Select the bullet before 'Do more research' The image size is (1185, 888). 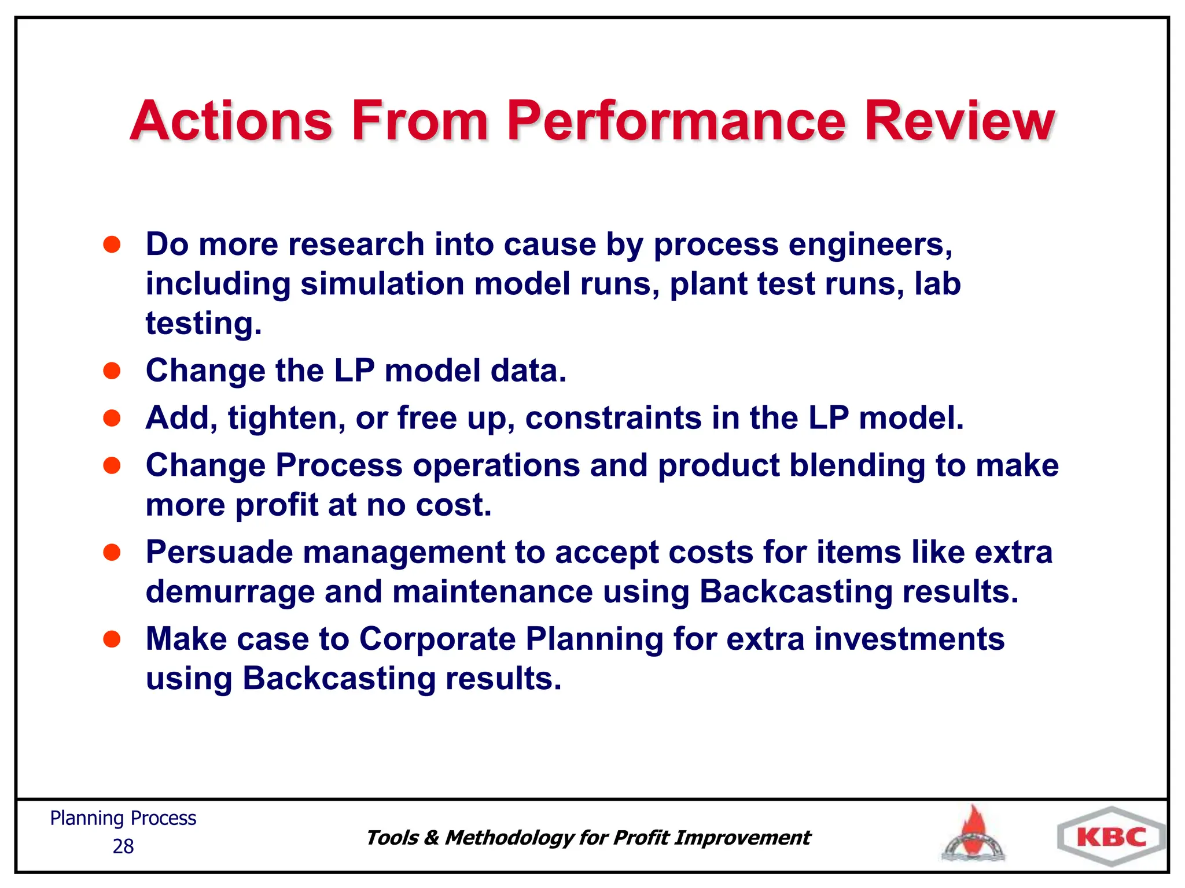tap(112, 245)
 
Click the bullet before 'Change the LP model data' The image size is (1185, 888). tap(112, 371)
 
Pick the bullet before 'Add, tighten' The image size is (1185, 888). tap(112, 418)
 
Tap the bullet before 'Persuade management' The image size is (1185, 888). tap(112, 553)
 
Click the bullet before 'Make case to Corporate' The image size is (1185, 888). tap(112, 639)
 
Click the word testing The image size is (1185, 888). tap(203, 324)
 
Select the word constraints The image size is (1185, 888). tap(613, 418)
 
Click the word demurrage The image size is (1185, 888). tap(230, 593)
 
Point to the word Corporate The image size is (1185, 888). tap(437, 639)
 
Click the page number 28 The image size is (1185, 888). tap(123, 846)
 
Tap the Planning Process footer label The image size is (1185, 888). tap(123, 819)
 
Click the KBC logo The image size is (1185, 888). tap(1112, 837)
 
